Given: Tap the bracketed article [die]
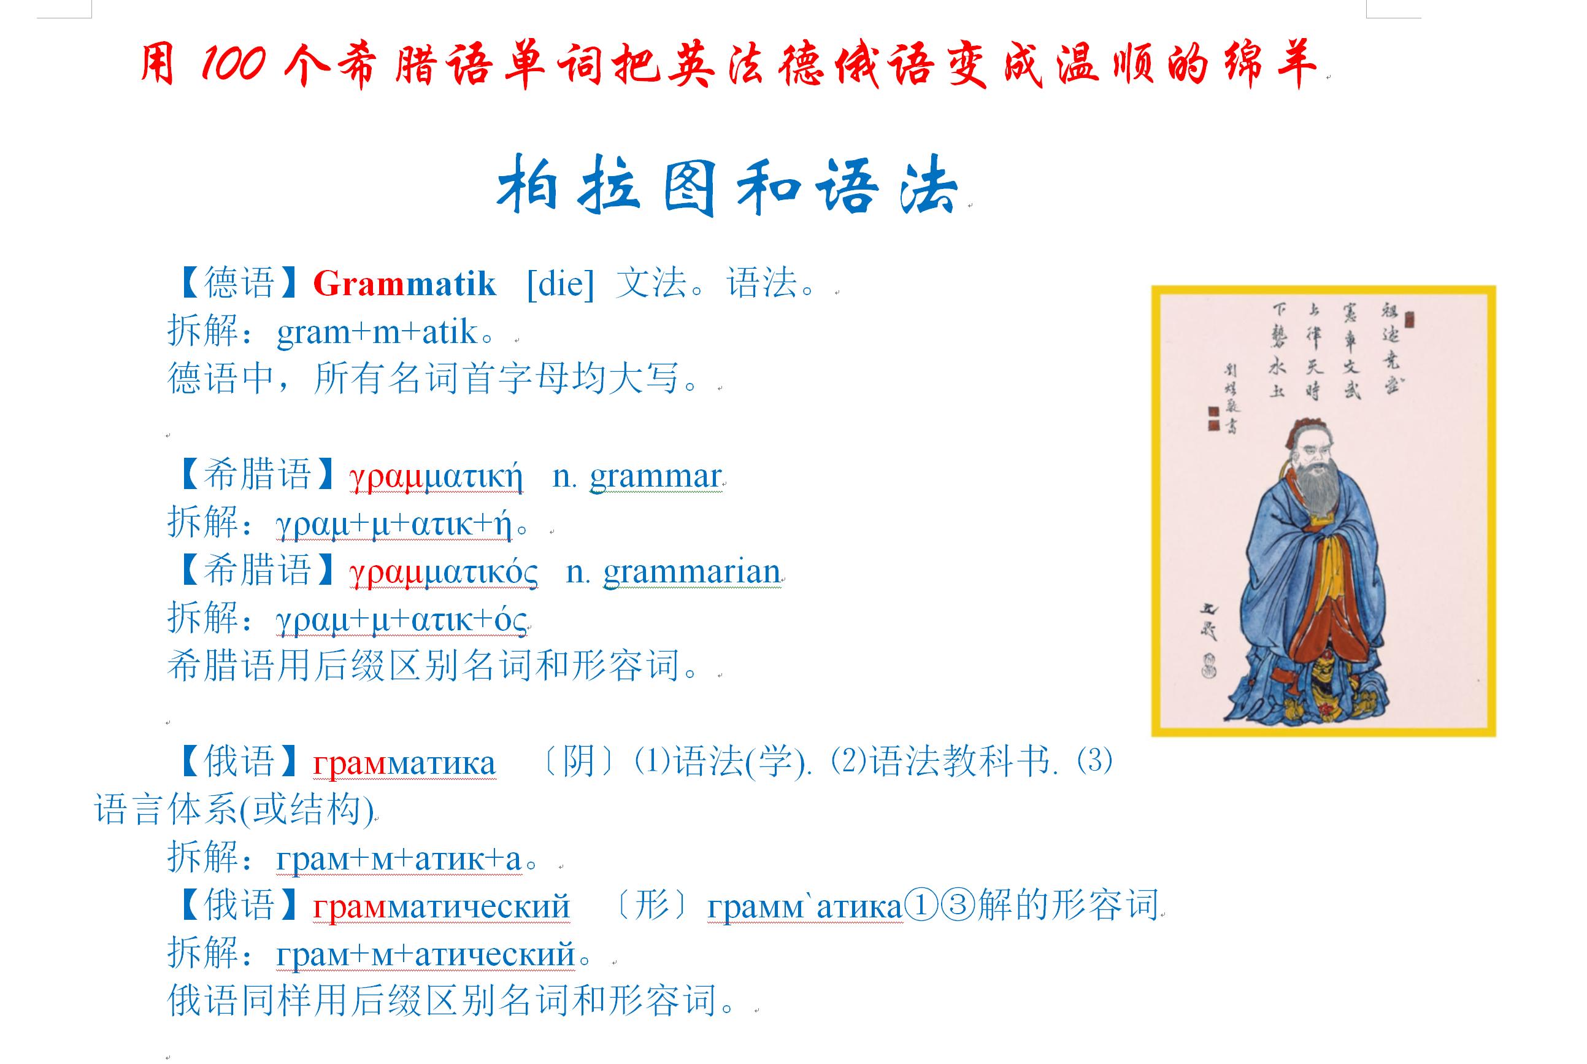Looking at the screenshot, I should pos(560,283).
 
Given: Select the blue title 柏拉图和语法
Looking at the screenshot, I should pos(726,185).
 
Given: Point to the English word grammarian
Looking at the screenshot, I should pos(692,572).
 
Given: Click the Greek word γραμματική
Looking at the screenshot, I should pos(436,476).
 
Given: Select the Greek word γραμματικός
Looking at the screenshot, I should pos(444,572).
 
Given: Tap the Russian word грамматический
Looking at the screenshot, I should pos(441,906).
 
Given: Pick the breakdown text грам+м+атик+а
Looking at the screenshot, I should pos(399,859).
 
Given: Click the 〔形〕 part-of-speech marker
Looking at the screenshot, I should pos(653,905).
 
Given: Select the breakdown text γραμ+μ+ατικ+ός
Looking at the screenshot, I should pos(401,620).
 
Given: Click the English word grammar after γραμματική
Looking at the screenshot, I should pos(655,476).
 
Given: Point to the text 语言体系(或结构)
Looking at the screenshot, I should pos(234,810).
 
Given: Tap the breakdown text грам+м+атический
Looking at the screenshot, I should pos(426,955).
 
